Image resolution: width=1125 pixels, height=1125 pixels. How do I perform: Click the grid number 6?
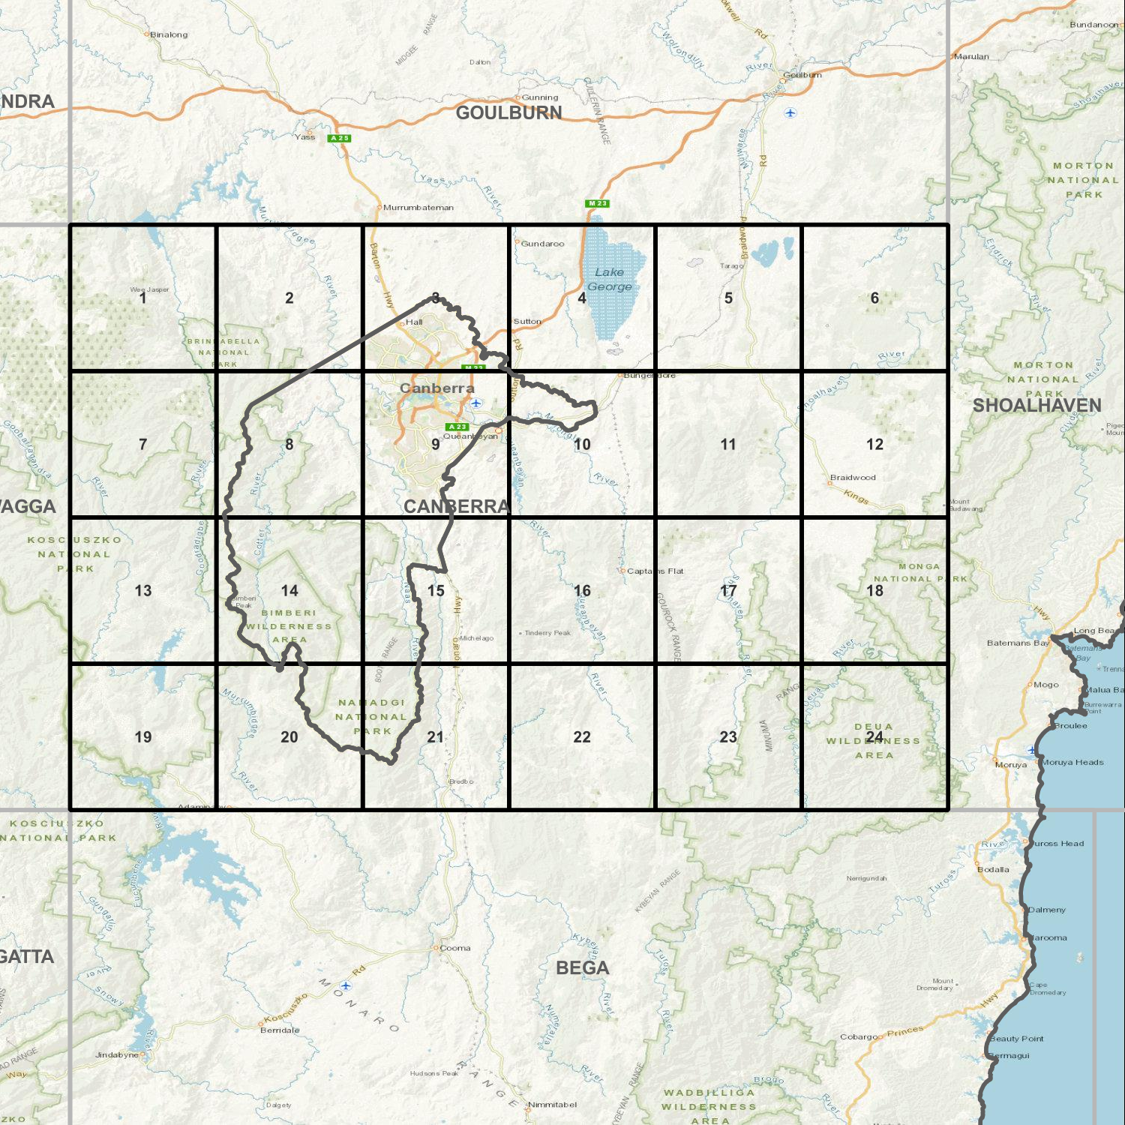pos(874,298)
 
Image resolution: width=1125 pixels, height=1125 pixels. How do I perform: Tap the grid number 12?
pos(874,444)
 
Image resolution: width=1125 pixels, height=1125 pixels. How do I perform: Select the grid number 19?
pos(142,736)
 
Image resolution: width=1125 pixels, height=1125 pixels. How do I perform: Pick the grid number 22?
pos(582,736)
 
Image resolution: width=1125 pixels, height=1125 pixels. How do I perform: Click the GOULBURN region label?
pos(508,112)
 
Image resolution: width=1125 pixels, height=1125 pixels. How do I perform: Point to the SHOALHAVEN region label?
pos(1036,405)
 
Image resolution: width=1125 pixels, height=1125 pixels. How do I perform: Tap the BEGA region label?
pos(582,967)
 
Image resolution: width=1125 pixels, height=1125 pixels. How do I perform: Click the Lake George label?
pos(609,279)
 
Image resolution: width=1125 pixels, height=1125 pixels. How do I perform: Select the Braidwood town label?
pos(853,477)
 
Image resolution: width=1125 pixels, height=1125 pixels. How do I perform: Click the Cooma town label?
pos(454,948)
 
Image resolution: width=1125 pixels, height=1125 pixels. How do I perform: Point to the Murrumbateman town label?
pos(418,208)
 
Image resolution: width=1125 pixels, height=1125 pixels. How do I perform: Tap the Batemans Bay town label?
pos(1018,643)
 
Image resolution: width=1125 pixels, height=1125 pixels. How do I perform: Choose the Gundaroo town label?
pos(542,244)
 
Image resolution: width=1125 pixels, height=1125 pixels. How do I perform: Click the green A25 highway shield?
pos(339,138)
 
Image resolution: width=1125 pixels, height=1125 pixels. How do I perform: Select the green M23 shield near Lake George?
pos(597,203)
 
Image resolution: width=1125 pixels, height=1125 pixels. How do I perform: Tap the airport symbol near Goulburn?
pos(790,112)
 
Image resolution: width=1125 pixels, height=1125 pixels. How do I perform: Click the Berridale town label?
pos(279,1030)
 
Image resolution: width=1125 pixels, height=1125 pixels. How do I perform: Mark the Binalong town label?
pos(169,34)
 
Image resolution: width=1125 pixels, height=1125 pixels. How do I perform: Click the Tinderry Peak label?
pos(547,633)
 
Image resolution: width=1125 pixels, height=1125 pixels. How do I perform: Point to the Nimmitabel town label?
pos(552,1104)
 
